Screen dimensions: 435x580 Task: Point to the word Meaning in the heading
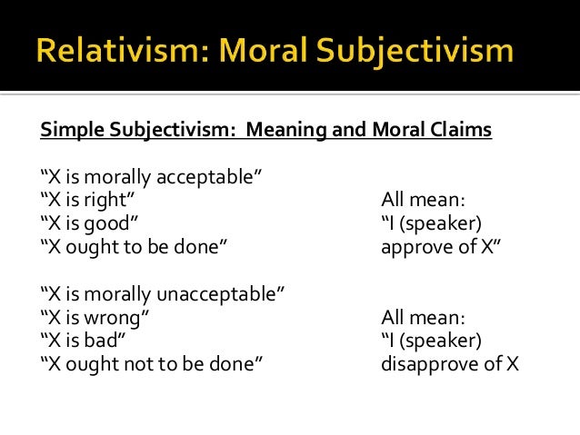[300, 131]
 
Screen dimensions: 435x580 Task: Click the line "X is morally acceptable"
[146, 175]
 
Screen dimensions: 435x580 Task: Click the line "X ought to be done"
[133, 246]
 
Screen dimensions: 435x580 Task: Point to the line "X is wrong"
[95, 317]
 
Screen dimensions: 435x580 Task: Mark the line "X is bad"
[84, 341]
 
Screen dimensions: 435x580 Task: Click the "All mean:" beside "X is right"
[423, 199]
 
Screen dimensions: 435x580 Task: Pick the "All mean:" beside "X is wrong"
[423, 317]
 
